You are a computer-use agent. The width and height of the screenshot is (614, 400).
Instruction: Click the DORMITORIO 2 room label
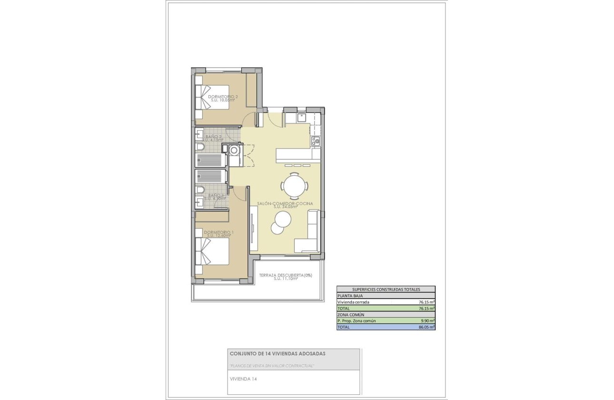[223, 97]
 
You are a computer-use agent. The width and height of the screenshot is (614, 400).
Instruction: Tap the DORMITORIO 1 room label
[218, 232]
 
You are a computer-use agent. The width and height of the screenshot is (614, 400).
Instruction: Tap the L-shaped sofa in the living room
[309, 236]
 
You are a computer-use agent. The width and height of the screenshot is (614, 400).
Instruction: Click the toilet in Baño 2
[200, 148]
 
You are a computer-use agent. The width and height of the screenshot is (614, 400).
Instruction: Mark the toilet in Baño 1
[200, 190]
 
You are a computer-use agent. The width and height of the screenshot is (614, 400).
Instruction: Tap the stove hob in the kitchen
[315, 141]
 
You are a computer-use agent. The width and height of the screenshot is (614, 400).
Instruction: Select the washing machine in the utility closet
[235, 150]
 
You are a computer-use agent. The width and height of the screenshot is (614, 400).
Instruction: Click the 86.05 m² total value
[426, 328]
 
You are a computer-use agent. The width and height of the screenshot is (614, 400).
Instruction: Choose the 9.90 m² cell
[426, 321]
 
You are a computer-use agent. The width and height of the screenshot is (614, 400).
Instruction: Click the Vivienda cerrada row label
[353, 302]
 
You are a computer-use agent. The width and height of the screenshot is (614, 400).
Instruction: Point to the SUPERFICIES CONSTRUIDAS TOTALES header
[386, 289]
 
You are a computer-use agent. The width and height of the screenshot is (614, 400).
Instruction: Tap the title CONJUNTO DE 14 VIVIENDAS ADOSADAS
[277, 354]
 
